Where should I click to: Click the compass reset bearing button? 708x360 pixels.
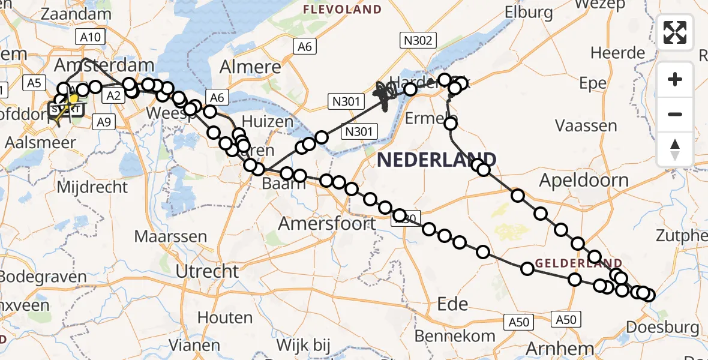point(675,149)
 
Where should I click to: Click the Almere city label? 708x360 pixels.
point(251,66)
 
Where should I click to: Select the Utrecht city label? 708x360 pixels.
point(207,271)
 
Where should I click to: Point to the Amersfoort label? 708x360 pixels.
point(326,224)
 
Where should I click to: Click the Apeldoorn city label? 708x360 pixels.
point(584,180)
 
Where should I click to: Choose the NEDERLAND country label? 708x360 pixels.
point(436,160)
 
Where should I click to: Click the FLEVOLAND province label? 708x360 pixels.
point(343,9)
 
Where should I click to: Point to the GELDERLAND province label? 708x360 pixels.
point(578,263)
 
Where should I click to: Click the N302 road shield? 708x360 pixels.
point(418,40)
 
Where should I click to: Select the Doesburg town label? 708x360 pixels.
point(662,328)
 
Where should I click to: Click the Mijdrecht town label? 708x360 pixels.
point(92,187)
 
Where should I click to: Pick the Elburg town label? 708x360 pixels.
point(529,12)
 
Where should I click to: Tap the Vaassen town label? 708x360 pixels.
point(586,126)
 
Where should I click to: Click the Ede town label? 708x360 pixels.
point(452,304)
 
